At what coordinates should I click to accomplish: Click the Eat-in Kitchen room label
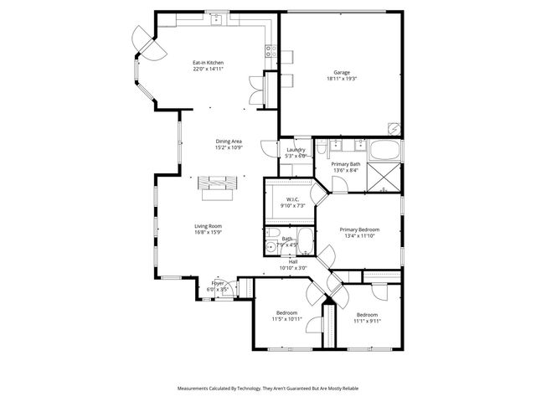pyautogui.click(x=208, y=63)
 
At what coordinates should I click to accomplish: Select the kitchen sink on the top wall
pyautogui.click(x=215, y=18)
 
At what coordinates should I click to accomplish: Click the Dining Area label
pyautogui.click(x=229, y=142)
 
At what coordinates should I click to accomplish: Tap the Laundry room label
pyautogui.click(x=296, y=150)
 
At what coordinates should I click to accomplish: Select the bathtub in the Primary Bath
pyautogui.click(x=384, y=152)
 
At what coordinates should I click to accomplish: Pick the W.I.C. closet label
pyautogui.click(x=292, y=199)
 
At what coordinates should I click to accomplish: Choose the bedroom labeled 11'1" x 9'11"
pyautogui.click(x=367, y=319)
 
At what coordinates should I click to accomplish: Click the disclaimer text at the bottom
pyautogui.click(x=268, y=389)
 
